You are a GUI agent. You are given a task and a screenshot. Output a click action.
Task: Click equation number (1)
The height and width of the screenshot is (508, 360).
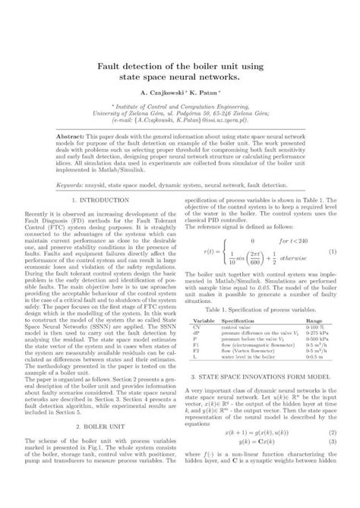332,273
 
